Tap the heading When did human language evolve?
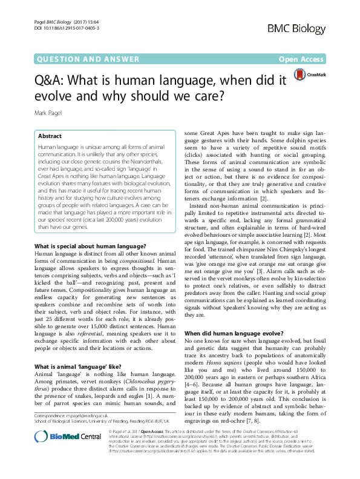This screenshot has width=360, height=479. pyautogui.click(x=234, y=333)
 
